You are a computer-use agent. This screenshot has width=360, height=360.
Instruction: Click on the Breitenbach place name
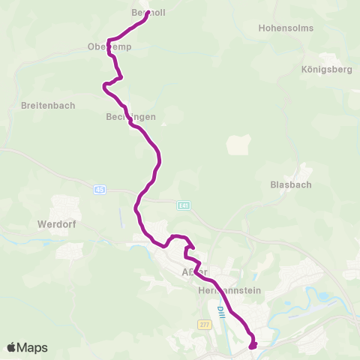[x=48, y=106]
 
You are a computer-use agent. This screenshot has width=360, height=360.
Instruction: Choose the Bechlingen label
[x=130, y=117]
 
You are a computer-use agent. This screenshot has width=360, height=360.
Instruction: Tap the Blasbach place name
[x=291, y=184]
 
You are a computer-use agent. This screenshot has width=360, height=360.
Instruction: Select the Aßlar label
[x=194, y=271]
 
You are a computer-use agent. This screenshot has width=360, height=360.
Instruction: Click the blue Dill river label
[x=220, y=310]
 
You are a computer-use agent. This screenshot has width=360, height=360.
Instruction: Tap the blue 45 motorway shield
[x=100, y=190]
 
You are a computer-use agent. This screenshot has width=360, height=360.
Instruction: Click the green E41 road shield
[x=184, y=205]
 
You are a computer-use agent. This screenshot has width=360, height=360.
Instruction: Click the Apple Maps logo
[x=27, y=348]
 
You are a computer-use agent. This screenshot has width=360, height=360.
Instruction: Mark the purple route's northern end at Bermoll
[x=145, y=13]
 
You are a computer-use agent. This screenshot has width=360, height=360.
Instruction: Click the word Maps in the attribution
[x=33, y=348]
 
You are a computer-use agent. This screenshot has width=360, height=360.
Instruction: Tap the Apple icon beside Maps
[x=12, y=347]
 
